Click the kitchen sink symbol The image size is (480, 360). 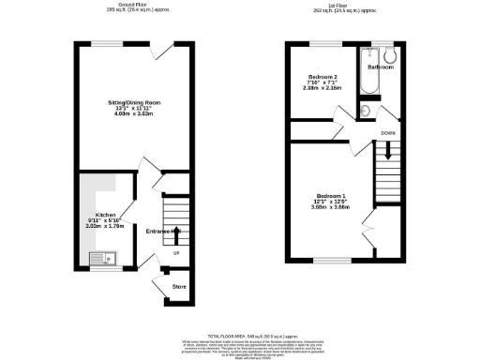(x=100, y=255)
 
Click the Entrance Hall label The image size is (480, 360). (x=163, y=231)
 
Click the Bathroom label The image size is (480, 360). (x=381, y=67)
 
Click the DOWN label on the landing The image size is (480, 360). (x=387, y=133)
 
